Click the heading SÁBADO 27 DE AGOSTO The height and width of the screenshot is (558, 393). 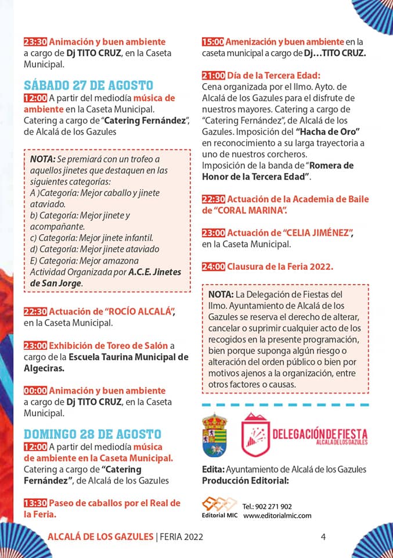click(x=88, y=85)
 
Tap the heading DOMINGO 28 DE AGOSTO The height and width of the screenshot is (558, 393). click(x=92, y=434)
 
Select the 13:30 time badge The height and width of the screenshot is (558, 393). click(x=35, y=503)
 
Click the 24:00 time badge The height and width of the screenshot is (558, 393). click(x=213, y=267)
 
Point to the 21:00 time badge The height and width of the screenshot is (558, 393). click(x=213, y=76)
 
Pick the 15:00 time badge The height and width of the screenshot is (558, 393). click(x=213, y=42)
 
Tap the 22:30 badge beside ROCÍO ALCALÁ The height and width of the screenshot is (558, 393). click(x=35, y=312)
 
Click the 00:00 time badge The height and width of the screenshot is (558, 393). click(x=35, y=391)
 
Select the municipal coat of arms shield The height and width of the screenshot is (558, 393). click(x=214, y=435)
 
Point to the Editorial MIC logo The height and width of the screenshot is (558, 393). click(x=219, y=507)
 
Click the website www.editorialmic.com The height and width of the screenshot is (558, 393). click(x=277, y=516)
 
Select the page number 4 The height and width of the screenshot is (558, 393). click(x=323, y=537)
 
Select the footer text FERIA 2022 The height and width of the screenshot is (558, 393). click(x=182, y=537)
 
